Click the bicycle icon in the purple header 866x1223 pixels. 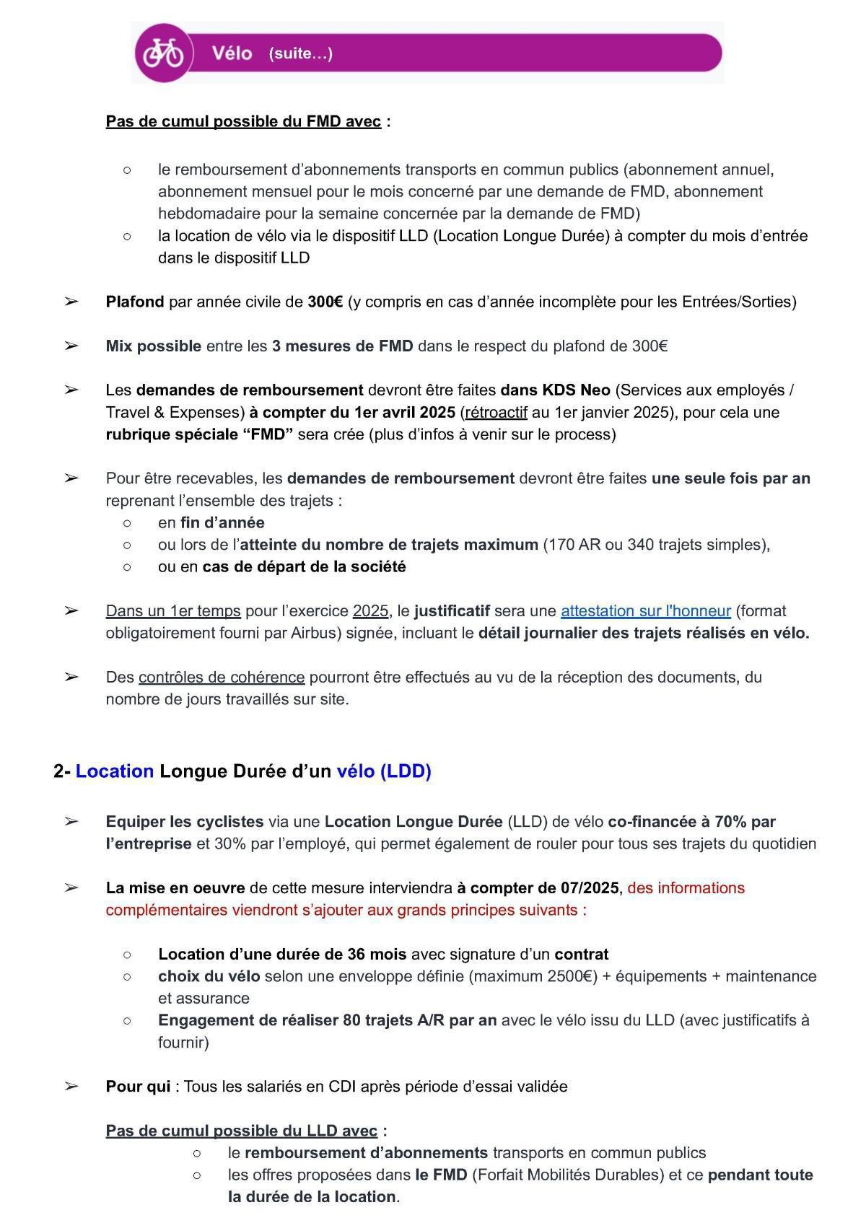(163, 53)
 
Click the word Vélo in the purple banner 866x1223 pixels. (232, 53)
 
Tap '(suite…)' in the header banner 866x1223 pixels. (300, 53)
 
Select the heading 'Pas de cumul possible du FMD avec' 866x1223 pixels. (243, 121)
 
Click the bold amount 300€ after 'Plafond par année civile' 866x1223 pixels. (325, 302)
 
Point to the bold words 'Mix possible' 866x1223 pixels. (153, 346)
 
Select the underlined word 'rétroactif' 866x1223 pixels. (497, 412)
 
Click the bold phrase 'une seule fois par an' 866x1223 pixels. (730, 478)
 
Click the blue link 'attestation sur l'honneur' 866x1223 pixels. (646, 610)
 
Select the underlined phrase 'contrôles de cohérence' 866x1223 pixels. (222, 677)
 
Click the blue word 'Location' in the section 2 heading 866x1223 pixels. (115, 771)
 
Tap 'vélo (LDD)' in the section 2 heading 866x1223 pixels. (383, 771)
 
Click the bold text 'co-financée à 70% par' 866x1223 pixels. (691, 821)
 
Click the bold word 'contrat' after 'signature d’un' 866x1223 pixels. (581, 954)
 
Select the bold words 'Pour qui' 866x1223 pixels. (138, 1086)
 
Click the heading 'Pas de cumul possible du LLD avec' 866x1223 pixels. (241, 1131)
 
